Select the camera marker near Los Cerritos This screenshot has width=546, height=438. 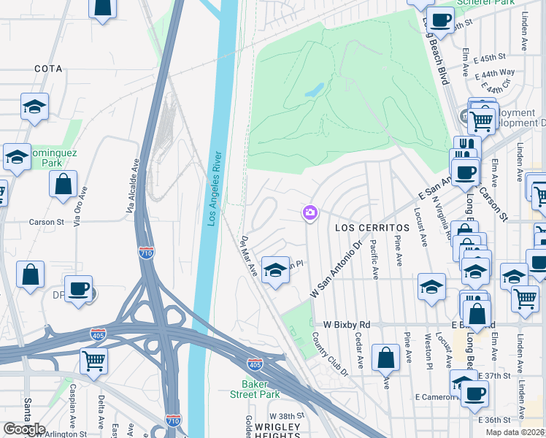click(x=310, y=213)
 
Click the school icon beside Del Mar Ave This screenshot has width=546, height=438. click(x=274, y=270)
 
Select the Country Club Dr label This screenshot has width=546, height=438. click(x=331, y=354)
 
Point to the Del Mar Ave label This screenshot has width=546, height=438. click(x=250, y=255)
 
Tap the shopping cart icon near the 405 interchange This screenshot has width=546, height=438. click(x=93, y=359)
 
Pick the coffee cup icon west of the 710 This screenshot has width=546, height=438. click(x=78, y=288)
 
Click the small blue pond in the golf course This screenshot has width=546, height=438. click(x=314, y=91)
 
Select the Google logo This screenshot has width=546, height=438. click(x=24, y=429)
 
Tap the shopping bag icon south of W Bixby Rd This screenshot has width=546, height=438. click(x=385, y=357)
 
